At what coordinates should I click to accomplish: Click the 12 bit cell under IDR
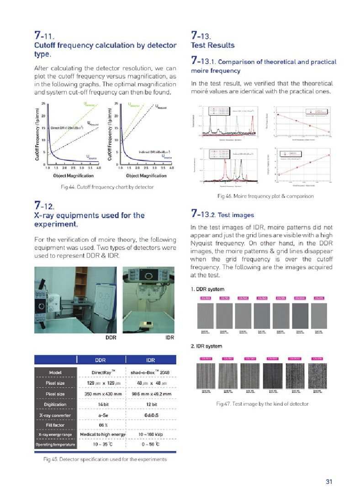(x=150, y=404)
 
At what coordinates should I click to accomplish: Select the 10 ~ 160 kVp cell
(x=150, y=434)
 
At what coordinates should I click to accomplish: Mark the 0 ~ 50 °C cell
(x=150, y=444)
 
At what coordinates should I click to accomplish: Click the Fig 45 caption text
(x=105, y=459)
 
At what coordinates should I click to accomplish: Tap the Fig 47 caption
(x=262, y=403)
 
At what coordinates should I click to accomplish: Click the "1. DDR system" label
(x=207, y=290)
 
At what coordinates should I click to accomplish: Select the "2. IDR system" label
(x=206, y=346)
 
